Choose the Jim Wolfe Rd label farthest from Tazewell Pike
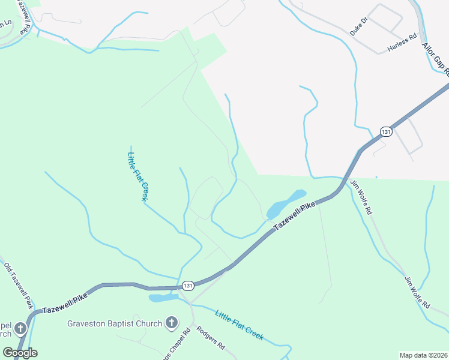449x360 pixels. click(417, 292)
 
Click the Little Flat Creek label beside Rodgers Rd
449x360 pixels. click(239, 326)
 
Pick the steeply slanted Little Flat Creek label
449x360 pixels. click(138, 176)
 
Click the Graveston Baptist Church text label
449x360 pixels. click(114, 324)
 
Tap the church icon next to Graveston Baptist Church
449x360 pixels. click(171, 323)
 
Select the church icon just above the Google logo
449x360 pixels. click(20, 329)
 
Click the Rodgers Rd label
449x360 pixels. click(211, 338)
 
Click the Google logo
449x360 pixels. click(20, 352)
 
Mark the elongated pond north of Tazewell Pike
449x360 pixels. click(285, 204)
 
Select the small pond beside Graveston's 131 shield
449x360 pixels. click(163, 297)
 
